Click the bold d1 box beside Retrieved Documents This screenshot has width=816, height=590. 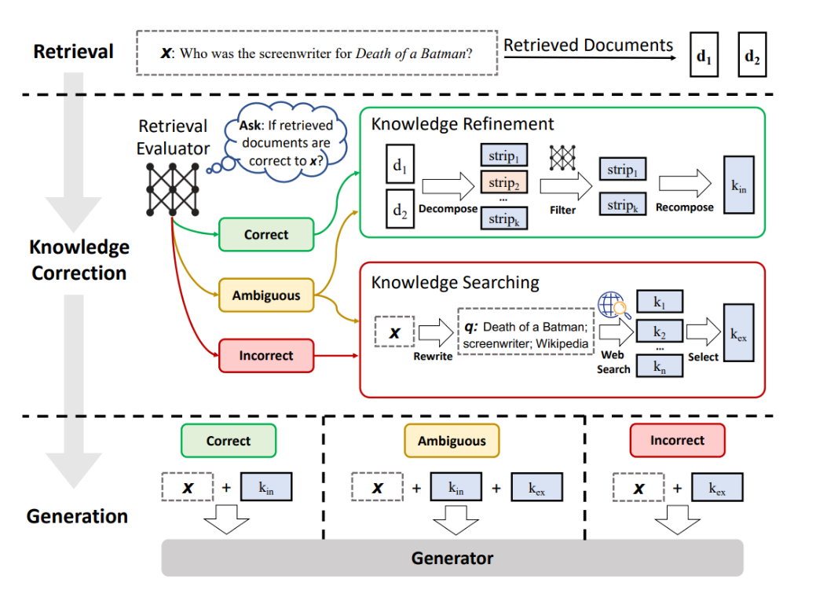[x=704, y=55]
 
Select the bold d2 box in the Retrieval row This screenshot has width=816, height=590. [x=752, y=55]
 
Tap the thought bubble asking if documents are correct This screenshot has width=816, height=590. [x=285, y=142]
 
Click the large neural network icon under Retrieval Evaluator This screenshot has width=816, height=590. [x=173, y=189]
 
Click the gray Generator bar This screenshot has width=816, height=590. [x=452, y=558]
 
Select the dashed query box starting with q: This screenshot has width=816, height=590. [x=525, y=332]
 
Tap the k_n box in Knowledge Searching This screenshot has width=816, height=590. [x=660, y=365]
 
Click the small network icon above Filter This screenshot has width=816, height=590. [x=562, y=158]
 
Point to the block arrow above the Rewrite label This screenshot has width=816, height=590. [x=436, y=332]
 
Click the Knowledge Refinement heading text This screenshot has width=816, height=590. [x=462, y=124]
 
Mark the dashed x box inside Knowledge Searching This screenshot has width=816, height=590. [x=394, y=332]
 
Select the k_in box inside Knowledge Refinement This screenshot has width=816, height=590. [x=739, y=185]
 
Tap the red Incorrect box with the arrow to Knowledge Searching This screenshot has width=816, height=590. [x=266, y=356]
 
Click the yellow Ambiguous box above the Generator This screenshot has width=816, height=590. [x=452, y=441]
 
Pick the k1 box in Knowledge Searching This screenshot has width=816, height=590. [x=660, y=302]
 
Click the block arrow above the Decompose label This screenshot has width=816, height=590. [x=448, y=186]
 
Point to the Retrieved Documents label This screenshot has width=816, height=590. [x=588, y=46]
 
